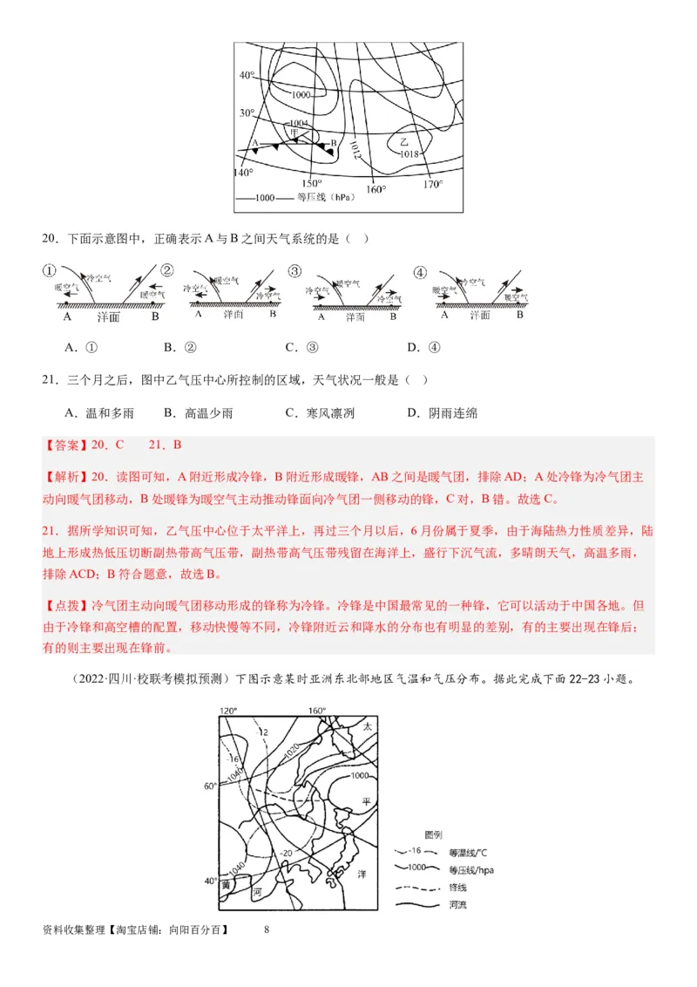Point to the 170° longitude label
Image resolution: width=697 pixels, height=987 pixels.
click(x=433, y=184)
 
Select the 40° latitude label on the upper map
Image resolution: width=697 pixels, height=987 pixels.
click(x=247, y=76)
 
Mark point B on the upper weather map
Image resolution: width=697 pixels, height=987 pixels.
click(x=333, y=144)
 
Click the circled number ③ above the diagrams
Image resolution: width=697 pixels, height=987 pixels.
click(x=295, y=272)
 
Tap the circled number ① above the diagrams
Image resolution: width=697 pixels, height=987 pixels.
click(x=50, y=272)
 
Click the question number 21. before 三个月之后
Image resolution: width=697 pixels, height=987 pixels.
click(x=50, y=380)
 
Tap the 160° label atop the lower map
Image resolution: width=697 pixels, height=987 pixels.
click(x=317, y=711)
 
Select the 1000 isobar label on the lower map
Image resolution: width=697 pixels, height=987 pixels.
click(x=358, y=775)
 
